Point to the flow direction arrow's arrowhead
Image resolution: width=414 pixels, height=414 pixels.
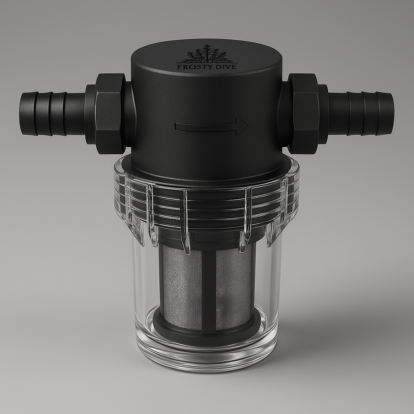pos(242,127)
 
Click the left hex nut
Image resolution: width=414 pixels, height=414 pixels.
pos(110,113)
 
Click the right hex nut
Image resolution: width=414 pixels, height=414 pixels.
pos(304,113)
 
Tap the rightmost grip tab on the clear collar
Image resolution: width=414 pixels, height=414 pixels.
pos(283,210)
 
